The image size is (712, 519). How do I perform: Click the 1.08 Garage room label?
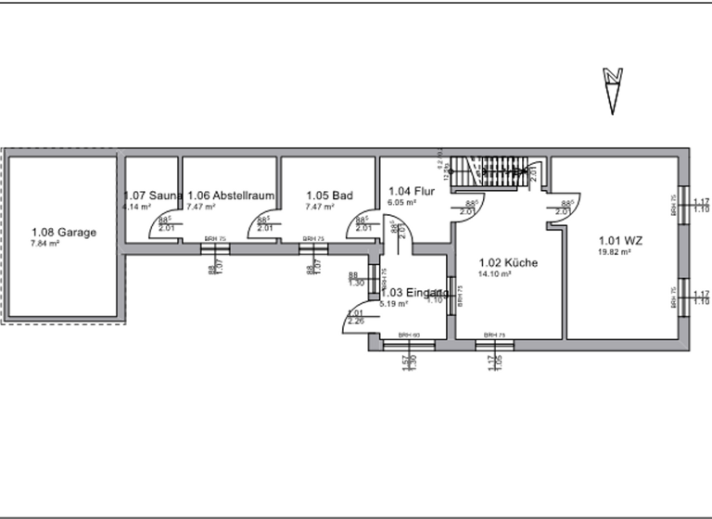pyautogui.click(x=63, y=233)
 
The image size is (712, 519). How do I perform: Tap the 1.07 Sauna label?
pyautogui.click(x=153, y=196)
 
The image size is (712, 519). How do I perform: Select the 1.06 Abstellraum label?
pyautogui.click(x=231, y=196)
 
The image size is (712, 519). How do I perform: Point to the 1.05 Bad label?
pyautogui.click(x=329, y=196)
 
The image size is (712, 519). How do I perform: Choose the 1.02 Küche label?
pyautogui.click(x=507, y=263)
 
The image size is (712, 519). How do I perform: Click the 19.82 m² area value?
pyautogui.click(x=615, y=251)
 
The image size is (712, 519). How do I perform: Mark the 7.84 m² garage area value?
pyautogui.click(x=44, y=244)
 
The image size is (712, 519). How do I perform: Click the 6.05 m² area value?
pyautogui.click(x=401, y=202)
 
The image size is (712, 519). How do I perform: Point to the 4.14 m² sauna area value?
pyautogui.click(x=137, y=207)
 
